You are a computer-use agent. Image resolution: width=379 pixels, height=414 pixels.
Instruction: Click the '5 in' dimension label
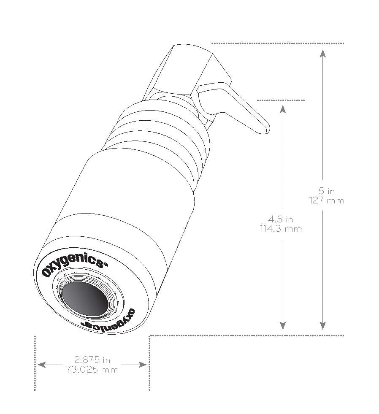[327, 191]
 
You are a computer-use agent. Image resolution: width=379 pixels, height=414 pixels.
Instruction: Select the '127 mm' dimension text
[327, 200]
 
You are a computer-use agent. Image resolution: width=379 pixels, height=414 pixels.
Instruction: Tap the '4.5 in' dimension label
[281, 219]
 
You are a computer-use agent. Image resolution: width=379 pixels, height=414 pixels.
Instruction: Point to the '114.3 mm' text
[281, 229]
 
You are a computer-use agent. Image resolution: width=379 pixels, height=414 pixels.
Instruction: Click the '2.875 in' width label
[92, 360]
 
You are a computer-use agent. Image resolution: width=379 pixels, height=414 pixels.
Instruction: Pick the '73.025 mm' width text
[92, 370]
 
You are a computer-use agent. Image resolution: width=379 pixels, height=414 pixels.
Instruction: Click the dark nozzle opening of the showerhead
[84, 299]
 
